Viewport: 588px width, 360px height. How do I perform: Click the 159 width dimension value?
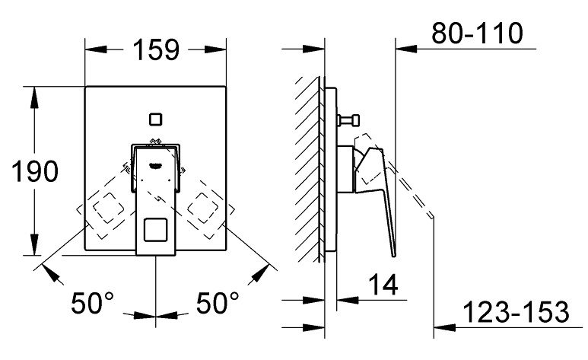pos(156,49)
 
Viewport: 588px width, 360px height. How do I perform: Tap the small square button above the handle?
pos(156,119)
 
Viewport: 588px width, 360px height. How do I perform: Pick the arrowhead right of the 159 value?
pos(221,49)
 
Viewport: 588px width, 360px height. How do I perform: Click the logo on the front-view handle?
pos(156,163)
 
